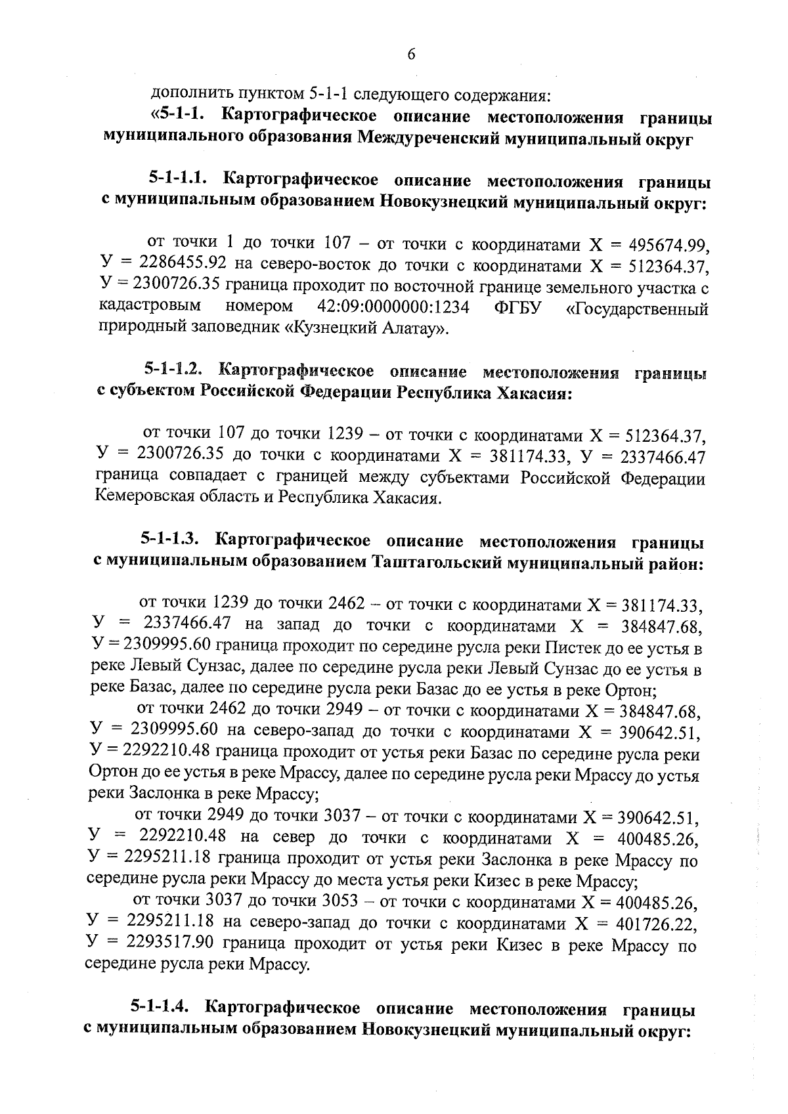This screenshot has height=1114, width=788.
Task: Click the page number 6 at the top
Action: pyautogui.click(x=411, y=54)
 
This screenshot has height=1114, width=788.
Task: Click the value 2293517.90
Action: pyautogui.click(x=165, y=945)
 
